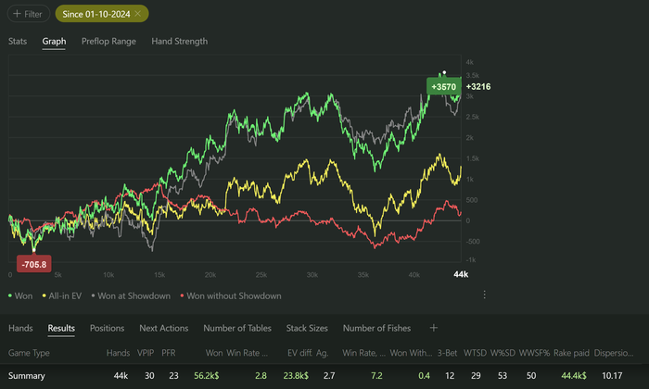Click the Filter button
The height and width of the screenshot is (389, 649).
[28, 14]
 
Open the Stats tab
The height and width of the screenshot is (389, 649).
[18, 41]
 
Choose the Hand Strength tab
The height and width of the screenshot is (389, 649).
[179, 41]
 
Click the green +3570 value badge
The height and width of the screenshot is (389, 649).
[442, 85]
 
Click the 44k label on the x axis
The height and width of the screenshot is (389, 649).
[461, 275]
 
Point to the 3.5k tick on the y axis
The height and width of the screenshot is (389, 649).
[472, 75]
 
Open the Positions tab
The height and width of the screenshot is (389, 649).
[107, 328]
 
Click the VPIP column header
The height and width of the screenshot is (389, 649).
[146, 353]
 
